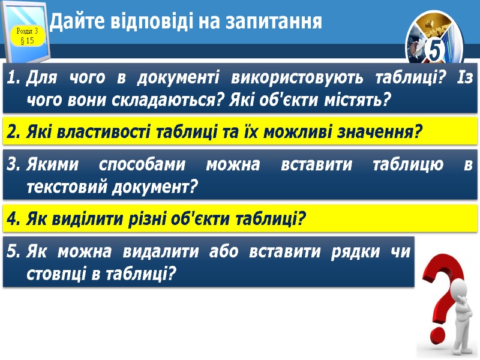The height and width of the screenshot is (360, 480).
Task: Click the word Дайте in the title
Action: pos(72,22)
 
